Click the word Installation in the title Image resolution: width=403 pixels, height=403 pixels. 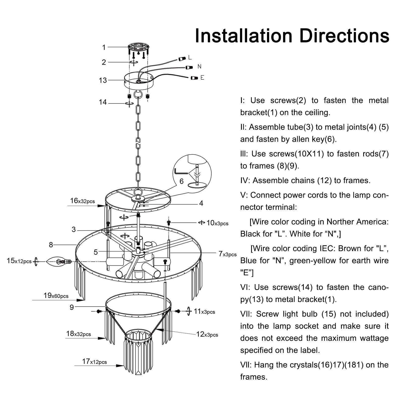coord(244,36)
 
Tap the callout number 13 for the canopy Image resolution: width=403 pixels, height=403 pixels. coord(103,80)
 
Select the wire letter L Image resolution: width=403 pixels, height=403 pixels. coord(190,57)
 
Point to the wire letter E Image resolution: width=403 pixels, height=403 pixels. coord(202,78)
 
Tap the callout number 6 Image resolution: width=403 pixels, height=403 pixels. coord(181,181)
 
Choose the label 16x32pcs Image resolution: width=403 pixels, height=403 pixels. coord(82,201)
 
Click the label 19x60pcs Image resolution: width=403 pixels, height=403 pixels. coord(56,295)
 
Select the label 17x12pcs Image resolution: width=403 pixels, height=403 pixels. coord(94,361)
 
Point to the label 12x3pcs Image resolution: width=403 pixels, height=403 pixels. coord(207,334)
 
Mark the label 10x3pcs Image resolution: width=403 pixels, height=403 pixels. coord(217,223)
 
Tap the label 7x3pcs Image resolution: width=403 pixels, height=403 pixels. coord(227,254)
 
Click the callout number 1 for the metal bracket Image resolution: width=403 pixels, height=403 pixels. coord(104,47)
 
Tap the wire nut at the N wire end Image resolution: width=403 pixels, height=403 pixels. coord(189,67)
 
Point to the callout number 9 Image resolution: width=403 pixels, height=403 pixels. coord(72,307)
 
